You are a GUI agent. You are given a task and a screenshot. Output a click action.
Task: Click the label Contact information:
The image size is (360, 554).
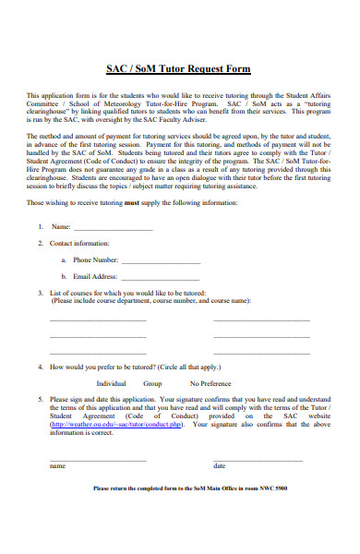78,244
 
